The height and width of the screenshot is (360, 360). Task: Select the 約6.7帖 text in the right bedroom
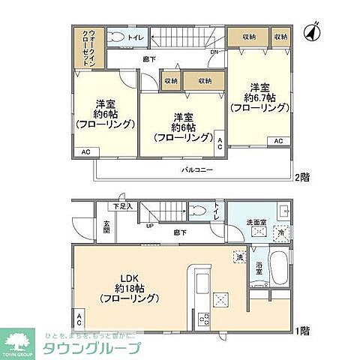tap(259, 97)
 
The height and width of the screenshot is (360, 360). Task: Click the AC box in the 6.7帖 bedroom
tap(277, 141)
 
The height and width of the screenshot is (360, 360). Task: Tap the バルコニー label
tap(197, 170)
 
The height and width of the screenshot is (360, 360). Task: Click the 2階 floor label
tap(302, 177)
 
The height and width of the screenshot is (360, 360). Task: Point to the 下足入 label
tap(122, 206)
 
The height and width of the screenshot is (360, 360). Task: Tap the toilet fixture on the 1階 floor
tap(197, 211)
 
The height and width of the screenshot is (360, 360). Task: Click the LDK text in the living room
tap(124, 274)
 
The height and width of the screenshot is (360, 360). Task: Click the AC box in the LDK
tap(79, 318)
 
